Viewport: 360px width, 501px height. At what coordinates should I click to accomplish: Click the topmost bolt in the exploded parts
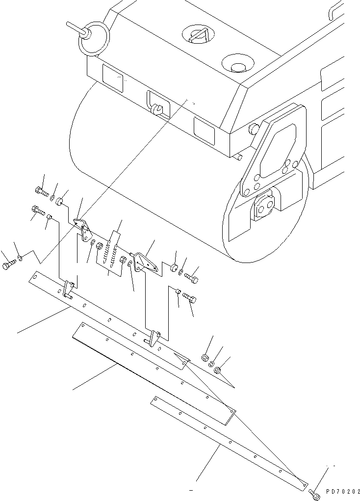point(41,191)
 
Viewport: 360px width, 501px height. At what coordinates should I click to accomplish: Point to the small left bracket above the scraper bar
point(84,230)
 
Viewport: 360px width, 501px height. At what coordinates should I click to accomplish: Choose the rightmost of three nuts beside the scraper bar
point(219,370)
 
